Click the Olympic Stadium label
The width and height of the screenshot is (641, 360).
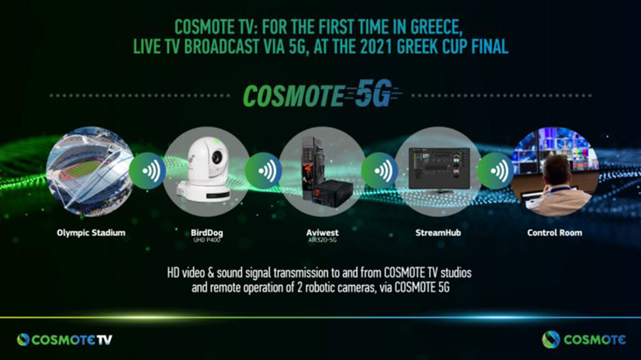coord(91,233)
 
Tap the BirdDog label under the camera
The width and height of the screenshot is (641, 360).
coord(207,233)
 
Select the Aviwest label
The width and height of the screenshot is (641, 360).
coord(322,233)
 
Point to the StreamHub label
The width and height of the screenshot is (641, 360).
coord(438,233)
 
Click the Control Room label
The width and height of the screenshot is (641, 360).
coord(555,233)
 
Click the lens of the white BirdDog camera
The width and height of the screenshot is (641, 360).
coord(218,157)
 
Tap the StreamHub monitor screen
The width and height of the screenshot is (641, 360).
coord(440,167)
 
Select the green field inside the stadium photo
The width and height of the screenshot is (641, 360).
coord(83,168)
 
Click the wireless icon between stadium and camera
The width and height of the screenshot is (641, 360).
coord(147,170)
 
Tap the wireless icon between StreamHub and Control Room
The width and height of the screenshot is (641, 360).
coord(496,170)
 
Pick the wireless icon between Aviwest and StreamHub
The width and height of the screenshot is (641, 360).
coord(380,170)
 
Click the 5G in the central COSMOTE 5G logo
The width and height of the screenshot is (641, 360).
coord(373,94)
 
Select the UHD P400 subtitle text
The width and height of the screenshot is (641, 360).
coord(207,240)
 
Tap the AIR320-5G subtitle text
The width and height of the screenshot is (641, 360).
coord(322,240)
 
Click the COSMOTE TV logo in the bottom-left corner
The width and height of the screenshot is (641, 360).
coord(65,339)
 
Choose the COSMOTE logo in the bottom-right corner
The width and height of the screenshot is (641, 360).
coord(584,339)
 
